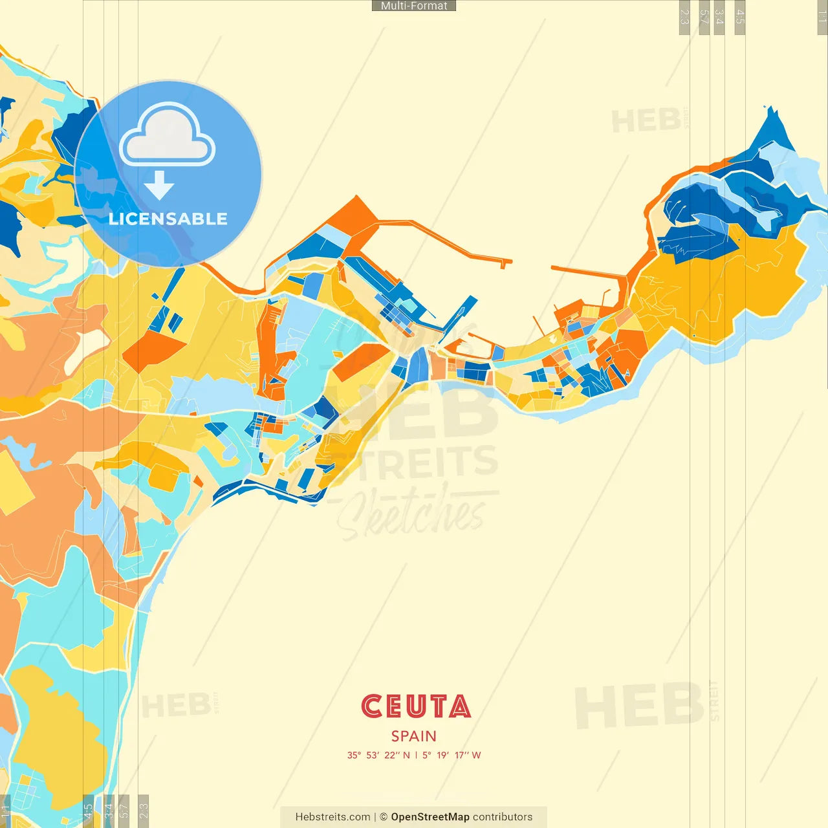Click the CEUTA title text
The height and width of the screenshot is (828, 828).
(416, 706)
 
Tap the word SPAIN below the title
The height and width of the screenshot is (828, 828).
(413, 736)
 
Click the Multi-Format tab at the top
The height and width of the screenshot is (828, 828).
(414, 6)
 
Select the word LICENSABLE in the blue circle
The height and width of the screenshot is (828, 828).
(168, 219)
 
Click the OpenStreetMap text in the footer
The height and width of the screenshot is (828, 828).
(430, 817)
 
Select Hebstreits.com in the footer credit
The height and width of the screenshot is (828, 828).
(332, 817)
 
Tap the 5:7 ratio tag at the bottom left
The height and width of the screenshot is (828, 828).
(124, 810)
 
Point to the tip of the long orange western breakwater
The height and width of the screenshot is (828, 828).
(506, 262)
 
